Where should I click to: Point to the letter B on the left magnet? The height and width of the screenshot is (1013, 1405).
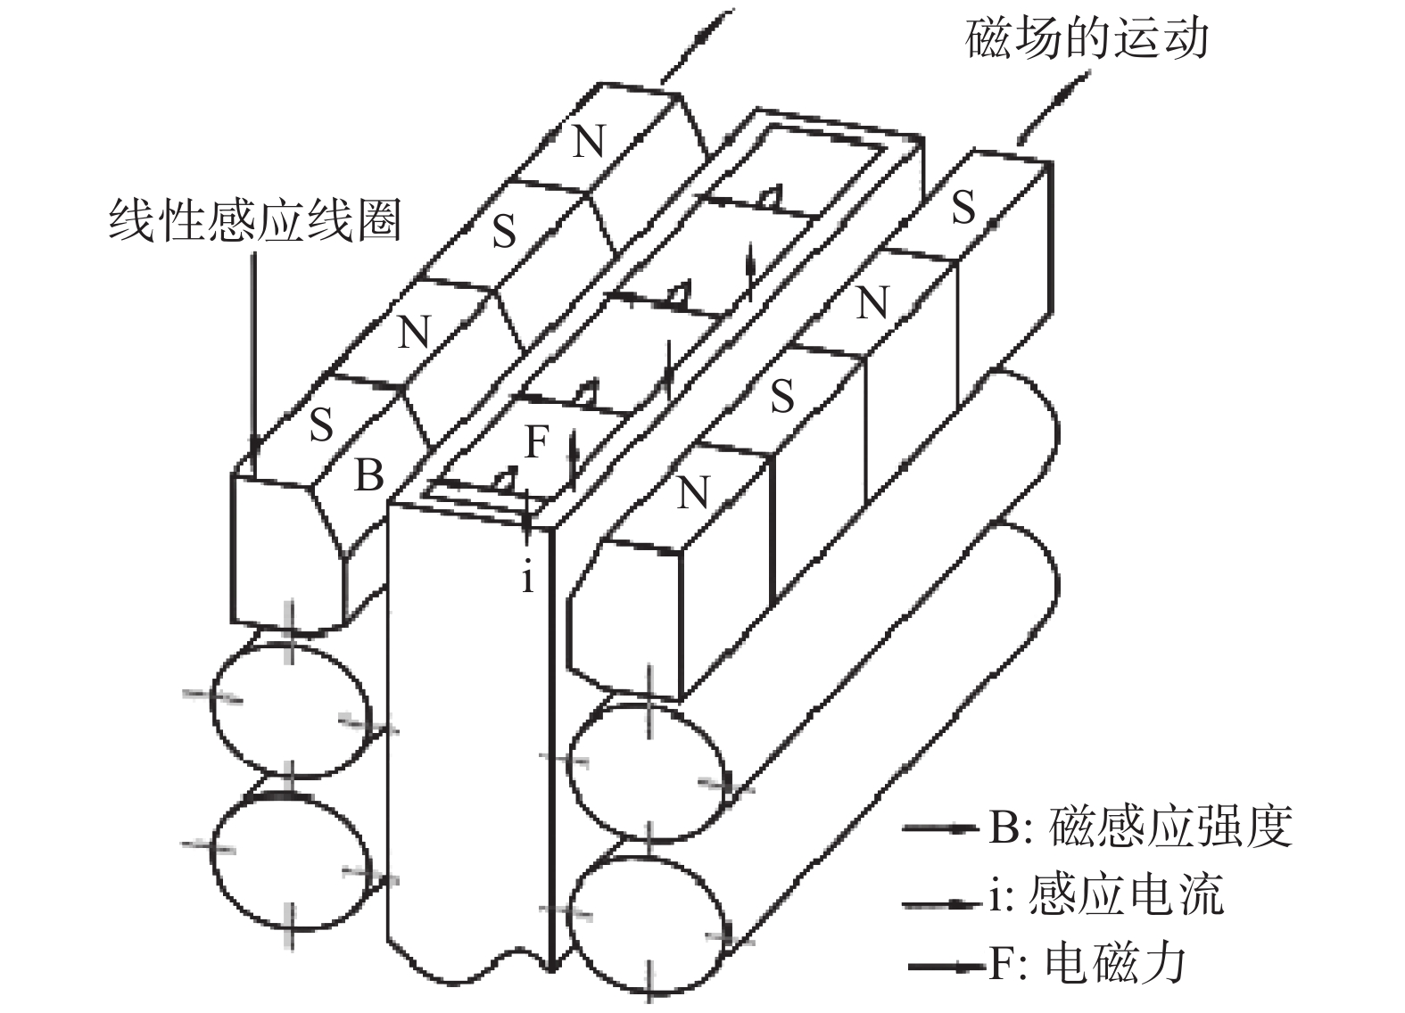[x=368, y=475]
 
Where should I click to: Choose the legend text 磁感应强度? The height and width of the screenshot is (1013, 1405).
[x=1170, y=827]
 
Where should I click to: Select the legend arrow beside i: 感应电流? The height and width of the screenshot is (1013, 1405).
[x=941, y=903]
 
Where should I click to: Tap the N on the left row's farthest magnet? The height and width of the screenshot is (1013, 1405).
[x=588, y=142]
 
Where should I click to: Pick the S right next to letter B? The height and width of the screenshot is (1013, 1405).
[x=321, y=425]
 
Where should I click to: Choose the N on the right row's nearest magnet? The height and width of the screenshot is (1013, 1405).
[x=693, y=491]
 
